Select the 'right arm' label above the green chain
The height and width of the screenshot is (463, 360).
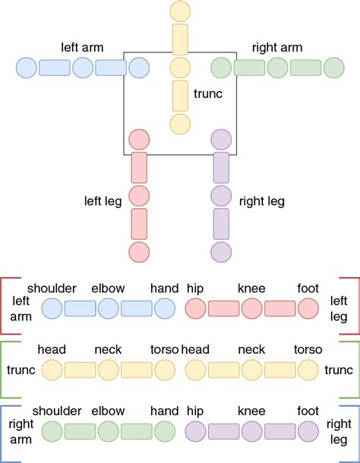tap(276, 47)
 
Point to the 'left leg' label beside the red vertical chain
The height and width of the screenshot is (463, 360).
tap(103, 202)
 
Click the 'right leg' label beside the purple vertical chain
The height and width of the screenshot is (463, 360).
tap(262, 202)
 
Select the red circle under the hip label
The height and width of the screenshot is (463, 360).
tap(195, 308)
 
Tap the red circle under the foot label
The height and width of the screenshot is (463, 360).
tap(308, 308)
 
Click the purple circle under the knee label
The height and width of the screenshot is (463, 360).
tap(251, 432)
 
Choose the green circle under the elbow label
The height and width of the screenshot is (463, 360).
tap(108, 432)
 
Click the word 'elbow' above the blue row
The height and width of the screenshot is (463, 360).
tap(108, 288)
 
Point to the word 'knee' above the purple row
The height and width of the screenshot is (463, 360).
tap(251, 411)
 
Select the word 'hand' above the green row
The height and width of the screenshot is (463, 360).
tap(164, 411)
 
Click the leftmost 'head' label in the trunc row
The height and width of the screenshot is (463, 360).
tap(52, 350)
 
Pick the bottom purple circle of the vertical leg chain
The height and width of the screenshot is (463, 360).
tap(221, 252)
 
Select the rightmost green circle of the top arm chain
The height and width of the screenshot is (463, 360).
tap(334, 68)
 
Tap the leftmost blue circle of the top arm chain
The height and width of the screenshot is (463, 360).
tap(26, 68)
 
